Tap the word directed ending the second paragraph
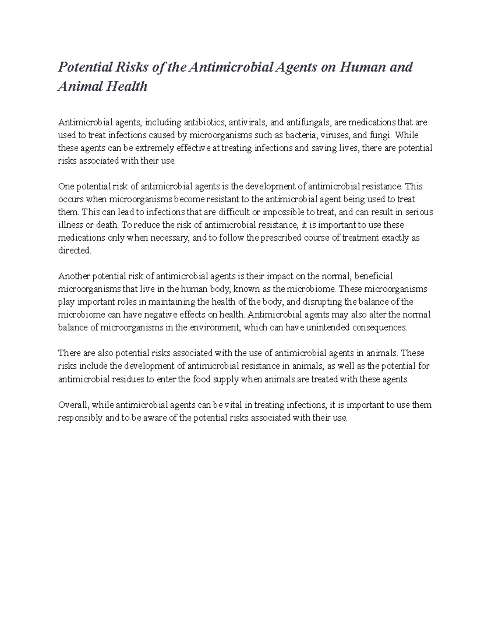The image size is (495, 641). coord(74,251)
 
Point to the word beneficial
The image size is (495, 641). coord(374,276)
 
